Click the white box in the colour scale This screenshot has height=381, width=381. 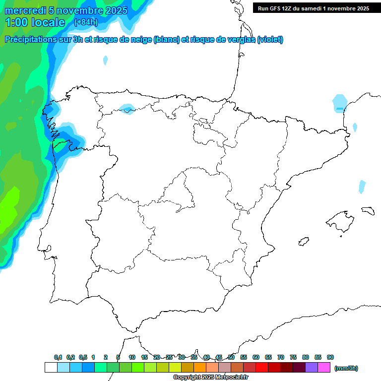tap(51, 368)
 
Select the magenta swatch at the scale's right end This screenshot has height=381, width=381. tap(324, 368)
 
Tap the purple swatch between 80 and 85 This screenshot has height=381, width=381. tap(312, 368)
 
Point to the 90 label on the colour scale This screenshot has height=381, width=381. tap(330, 357)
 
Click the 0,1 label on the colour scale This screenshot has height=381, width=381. tap(58, 357)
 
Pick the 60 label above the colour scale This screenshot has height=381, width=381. tap(256, 357)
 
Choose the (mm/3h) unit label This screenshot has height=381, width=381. tap(346, 368)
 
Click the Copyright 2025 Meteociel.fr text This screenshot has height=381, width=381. tap(211, 378)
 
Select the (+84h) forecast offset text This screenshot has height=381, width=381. tap(86, 22)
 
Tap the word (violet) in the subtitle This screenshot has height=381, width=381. tap(270, 40)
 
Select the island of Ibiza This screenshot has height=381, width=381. tap(304, 242)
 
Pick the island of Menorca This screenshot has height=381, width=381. tap(368, 210)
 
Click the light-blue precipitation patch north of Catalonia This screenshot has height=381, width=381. tap(340, 102)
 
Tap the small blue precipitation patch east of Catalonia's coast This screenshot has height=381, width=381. tap(362, 187)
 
